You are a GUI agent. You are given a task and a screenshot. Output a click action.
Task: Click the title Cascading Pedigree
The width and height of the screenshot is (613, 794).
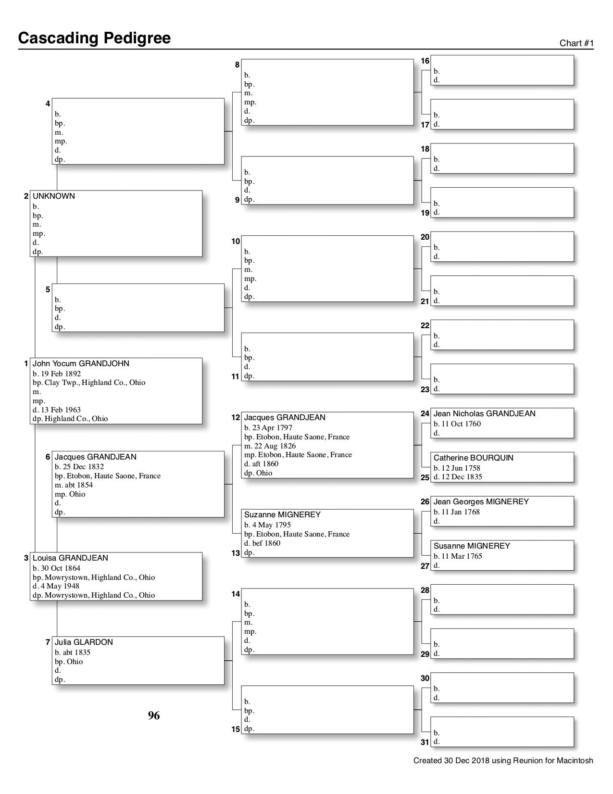(x=94, y=38)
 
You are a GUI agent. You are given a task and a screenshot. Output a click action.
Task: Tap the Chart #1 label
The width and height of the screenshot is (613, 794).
(x=576, y=43)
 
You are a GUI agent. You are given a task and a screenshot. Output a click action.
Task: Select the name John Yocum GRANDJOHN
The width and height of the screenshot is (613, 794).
(x=81, y=364)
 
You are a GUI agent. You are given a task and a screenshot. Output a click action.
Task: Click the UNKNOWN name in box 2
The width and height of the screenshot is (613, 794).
(x=54, y=196)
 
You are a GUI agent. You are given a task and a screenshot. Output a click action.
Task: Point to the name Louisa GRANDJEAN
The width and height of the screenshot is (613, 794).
(x=70, y=558)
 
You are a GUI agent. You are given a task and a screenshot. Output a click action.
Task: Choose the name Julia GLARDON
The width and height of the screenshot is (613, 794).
(x=84, y=642)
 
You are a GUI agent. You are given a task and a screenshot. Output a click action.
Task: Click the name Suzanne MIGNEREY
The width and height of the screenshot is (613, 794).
(x=282, y=515)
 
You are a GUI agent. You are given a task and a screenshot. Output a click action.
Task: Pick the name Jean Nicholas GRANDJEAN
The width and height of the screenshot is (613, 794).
(x=484, y=414)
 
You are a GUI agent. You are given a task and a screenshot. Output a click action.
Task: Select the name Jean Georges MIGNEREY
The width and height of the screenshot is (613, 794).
(x=481, y=502)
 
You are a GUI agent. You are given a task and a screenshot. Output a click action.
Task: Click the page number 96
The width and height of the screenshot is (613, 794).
(x=154, y=716)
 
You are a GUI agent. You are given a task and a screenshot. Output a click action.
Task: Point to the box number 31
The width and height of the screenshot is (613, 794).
(x=425, y=743)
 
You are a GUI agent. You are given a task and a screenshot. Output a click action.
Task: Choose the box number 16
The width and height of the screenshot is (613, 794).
(x=425, y=61)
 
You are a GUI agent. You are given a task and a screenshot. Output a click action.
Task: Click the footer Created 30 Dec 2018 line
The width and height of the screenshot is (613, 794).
(x=503, y=761)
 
